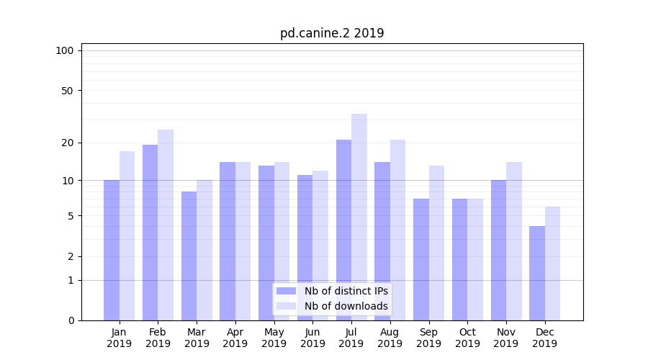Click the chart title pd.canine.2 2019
(x=332, y=34)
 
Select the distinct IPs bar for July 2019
(x=343, y=230)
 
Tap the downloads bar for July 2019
(x=359, y=217)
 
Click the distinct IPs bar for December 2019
(x=537, y=273)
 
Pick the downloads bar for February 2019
(x=166, y=225)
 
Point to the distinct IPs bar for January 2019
(x=112, y=250)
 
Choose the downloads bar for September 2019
(x=436, y=243)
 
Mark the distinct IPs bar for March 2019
(x=189, y=256)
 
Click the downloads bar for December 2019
(x=552, y=264)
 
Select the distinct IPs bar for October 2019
(x=459, y=259)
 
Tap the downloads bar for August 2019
(x=397, y=230)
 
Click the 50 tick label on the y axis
(x=67, y=91)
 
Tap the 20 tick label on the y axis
(x=67, y=143)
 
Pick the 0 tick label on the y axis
(x=71, y=320)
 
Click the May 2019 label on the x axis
(x=274, y=338)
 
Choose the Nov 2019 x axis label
(x=506, y=338)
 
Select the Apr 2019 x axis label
(x=235, y=338)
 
